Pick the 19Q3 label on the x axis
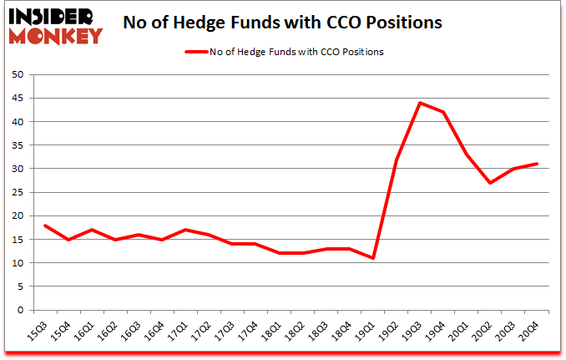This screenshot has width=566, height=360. pyautogui.click(x=412, y=331)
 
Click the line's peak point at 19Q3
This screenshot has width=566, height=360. pyautogui.click(x=420, y=103)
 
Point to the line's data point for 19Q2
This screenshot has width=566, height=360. pyautogui.click(x=397, y=160)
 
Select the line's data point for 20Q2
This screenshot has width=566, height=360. pyautogui.click(x=490, y=183)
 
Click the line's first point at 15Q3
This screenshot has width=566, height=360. pyautogui.click(x=45, y=226)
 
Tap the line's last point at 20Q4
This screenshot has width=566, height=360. pyautogui.click(x=537, y=164)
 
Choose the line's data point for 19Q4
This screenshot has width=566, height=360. pyautogui.click(x=443, y=112)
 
